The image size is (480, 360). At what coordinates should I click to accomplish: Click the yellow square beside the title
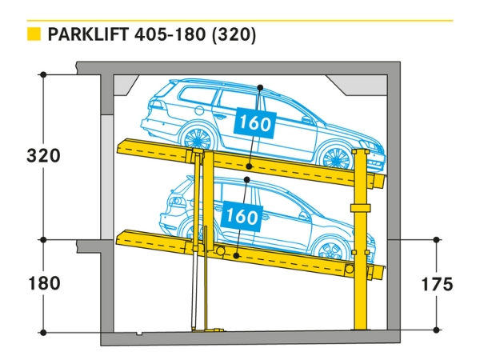coord(34,34)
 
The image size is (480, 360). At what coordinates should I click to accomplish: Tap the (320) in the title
coord(234,35)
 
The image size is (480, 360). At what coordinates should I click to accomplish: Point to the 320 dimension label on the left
coord(44,155)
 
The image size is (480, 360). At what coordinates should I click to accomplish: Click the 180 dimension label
coord(44,283)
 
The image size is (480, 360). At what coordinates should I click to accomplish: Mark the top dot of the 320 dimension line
coord(44,74)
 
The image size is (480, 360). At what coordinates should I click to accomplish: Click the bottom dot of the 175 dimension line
coord(436,330)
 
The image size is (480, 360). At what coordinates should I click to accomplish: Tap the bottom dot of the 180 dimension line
coord(44,331)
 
